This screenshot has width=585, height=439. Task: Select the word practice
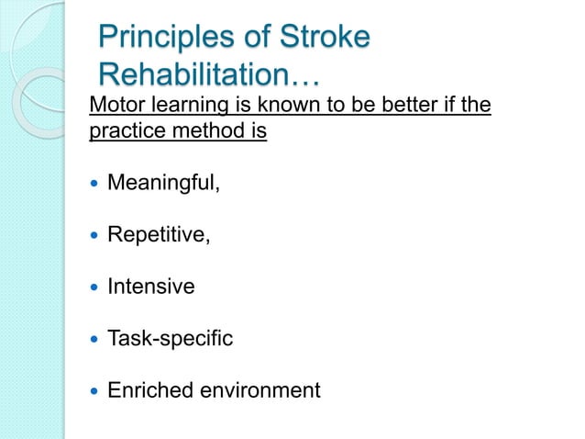[x=122, y=132]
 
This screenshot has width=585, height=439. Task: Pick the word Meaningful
[x=163, y=183]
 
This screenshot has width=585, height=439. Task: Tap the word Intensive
[x=151, y=287]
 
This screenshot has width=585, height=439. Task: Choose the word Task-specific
[x=170, y=339]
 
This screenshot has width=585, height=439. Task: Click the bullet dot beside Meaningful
[x=94, y=184]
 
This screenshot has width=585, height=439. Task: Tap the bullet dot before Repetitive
[x=94, y=236]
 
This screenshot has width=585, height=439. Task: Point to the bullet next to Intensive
[x=94, y=287]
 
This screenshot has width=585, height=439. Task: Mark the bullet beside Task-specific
[x=94, y=340]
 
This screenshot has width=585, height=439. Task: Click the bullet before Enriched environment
[x=94, y=391]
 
